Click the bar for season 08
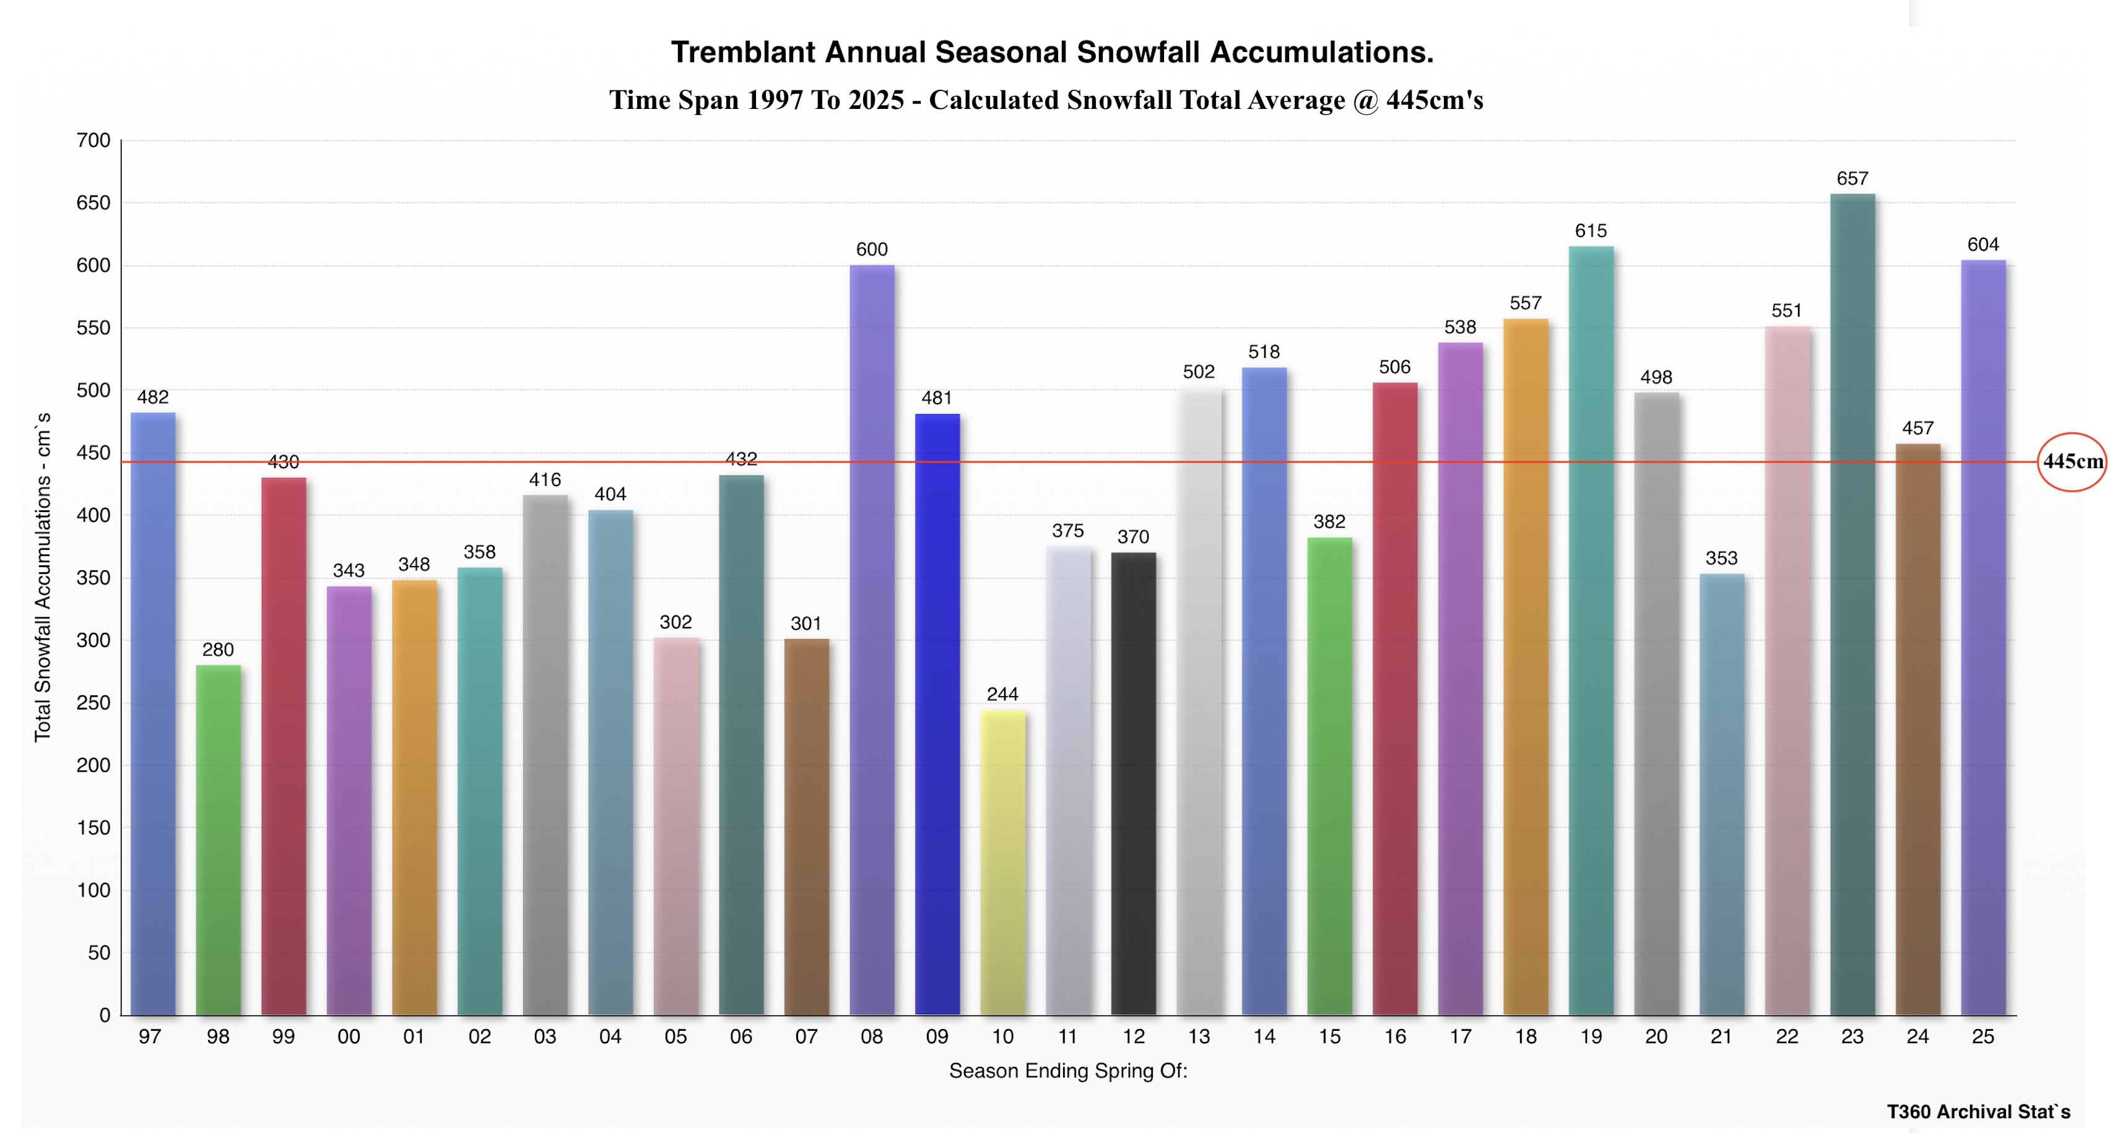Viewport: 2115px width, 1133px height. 872,640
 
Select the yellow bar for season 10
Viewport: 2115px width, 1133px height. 1002,862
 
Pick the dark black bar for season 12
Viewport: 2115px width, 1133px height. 1133,784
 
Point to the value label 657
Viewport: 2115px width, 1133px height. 1852,178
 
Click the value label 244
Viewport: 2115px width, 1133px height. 1002,694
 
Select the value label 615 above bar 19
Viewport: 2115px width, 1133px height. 1591,231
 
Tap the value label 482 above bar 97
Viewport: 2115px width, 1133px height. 153,397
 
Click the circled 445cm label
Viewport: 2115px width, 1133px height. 2072,461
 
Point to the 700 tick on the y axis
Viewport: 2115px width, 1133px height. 93,141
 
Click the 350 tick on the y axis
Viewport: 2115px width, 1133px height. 93,578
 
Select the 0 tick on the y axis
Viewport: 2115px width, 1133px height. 104,1015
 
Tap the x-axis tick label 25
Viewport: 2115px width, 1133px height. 1983,1037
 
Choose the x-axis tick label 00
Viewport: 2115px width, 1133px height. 349,1037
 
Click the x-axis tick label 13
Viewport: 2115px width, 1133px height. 1199,1037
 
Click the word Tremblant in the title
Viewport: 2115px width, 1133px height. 743,52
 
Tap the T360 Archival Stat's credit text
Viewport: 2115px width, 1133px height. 1978,1112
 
